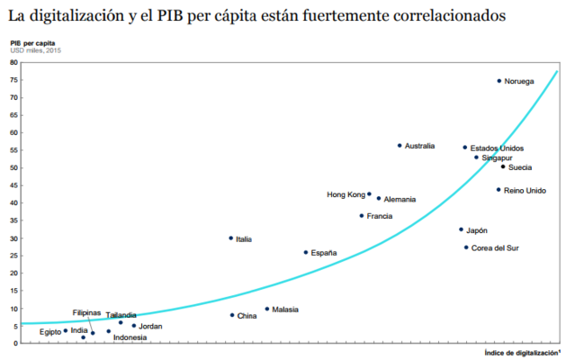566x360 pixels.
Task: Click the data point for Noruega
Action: click(x=499, y=81)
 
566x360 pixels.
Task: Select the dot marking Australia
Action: click(x=400, y=145)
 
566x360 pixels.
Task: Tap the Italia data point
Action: click(x=230, y=238)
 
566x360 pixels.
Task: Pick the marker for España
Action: click(x=305, y=253)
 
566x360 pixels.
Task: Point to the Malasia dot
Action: click(x=266, y=309)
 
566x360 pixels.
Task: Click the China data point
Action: click(x=232, y=315)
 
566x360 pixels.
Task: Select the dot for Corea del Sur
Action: click(x=466, y=247)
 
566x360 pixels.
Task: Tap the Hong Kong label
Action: click(x=346, y=194)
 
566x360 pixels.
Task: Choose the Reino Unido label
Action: click(x=525, y=190)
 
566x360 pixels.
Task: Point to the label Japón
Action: click(x=477, y=230)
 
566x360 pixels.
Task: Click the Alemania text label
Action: click(x=400, y=199)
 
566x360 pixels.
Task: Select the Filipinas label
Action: click(x=86, y=312)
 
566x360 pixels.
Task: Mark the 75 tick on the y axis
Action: click(x=15, y=80)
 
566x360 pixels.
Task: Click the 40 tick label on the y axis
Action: click(x=15, y=203)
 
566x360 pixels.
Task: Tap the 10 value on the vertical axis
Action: click(x=15, y=309)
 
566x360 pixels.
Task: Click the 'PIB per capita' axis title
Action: click(x=33, y=42)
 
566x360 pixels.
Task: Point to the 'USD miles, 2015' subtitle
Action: click(x=33, y=50)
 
